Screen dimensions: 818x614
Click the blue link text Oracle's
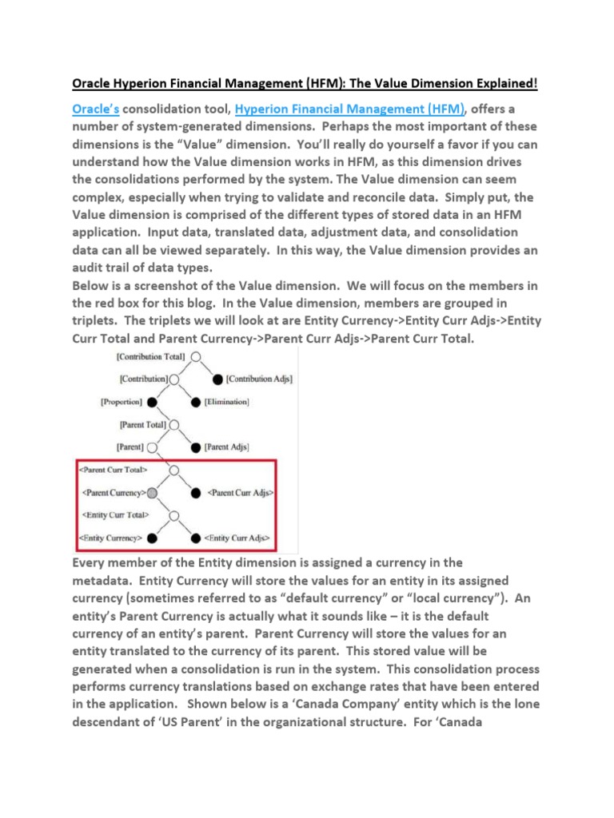click(96, 109)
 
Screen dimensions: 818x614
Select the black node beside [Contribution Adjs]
click(218, 379)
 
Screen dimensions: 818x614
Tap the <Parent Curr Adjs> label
click(238, 493)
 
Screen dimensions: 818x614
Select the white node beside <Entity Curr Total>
click(173, 515)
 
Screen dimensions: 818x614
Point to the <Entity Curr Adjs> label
click(237, 538)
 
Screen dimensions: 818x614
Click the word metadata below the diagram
click(105, 581)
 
